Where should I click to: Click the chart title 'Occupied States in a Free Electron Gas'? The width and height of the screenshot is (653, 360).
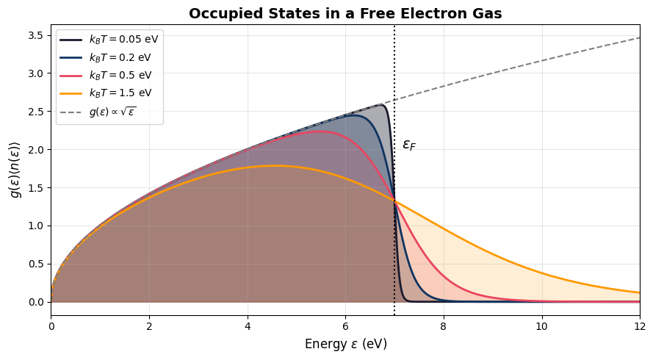pos(345,13)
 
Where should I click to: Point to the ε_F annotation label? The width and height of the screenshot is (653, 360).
pos(409,145)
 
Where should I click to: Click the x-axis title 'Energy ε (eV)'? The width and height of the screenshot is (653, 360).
pos(345,344)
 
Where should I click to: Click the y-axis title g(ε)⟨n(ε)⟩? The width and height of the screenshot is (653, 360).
pos(15,170)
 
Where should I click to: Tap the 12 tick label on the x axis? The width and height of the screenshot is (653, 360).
pos(640,327)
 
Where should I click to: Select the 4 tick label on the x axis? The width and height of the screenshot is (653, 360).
pos(248,327)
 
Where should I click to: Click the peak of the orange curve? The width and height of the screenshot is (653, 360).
pos(275,166)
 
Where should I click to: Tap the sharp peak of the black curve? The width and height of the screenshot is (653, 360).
pos(382,104)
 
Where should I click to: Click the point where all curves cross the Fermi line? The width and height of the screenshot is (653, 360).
pos(394,201)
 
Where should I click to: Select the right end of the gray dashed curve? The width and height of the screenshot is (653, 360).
pos(639,37)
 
